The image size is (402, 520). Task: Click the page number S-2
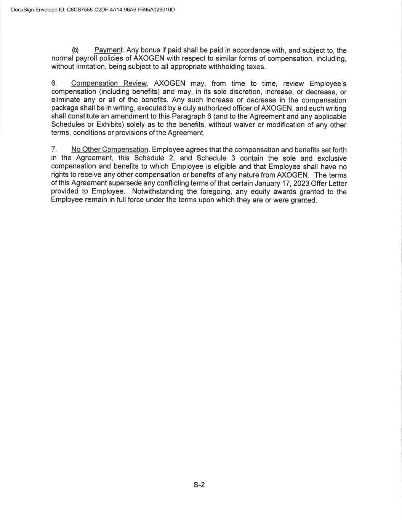click(x=199, y=485)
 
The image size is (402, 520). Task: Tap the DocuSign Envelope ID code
click(x=121, y=10)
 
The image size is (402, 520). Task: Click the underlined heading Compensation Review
click(x=109, y=83)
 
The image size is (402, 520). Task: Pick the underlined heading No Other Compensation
click(x=110, y=150)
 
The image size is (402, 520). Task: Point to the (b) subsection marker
click(x=75, y=50)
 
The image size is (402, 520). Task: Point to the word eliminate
click(x=66, y=100)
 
